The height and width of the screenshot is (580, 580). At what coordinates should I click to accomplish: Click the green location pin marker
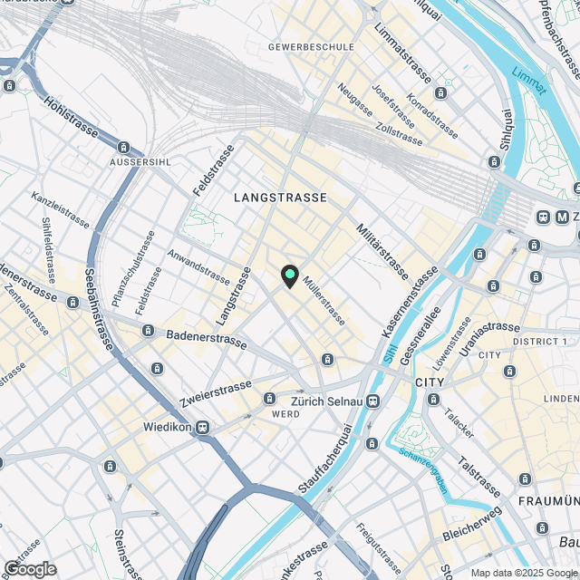coord(289,275)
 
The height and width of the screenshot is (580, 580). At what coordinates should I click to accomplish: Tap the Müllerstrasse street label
coord(324,302)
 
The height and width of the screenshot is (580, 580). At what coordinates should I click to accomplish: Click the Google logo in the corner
coord(29,569)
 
